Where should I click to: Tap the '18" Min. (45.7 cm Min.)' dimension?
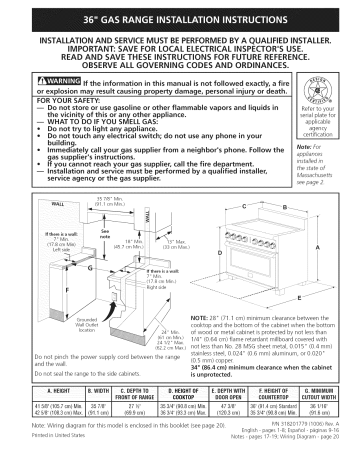pyautogui.click(x=124, y=243)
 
